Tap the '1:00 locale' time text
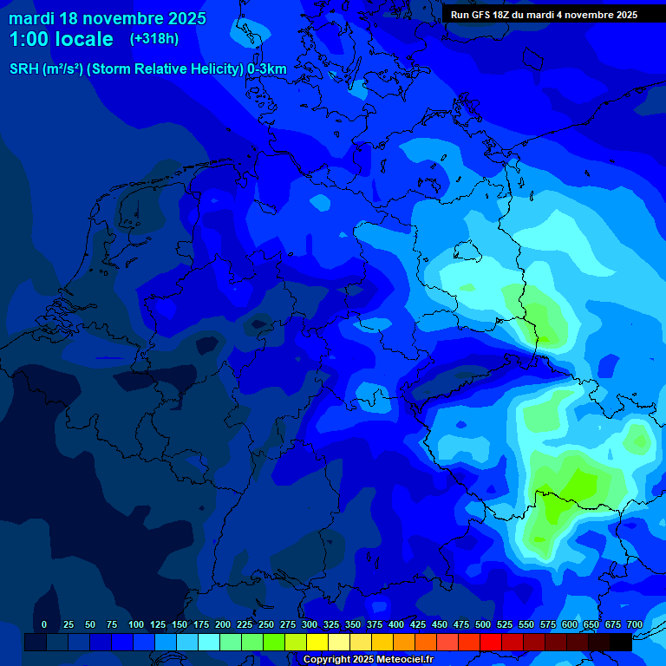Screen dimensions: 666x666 pyautogui.click(x=61, y=39)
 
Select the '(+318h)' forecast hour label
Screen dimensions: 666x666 pyautogui.click(x=154, y=39)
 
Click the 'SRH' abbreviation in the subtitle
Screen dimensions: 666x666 pyautogui.click(x=24, y=69)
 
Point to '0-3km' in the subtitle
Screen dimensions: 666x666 pyautogui.click(x=267, y=69)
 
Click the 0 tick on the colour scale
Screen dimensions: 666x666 pyautogui.click(x=44, y=625)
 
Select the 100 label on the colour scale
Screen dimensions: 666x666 pyautogui.click(x=136, y=625)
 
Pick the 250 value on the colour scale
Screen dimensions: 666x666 pyautogui.click(x=266, y=625)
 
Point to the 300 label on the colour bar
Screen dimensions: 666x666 pyautogui.click(x=310, y=625)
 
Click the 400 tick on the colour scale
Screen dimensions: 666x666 pyautogui.click(x=396, y=625)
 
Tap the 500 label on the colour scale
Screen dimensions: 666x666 pyautogui.click(x=483, y=625)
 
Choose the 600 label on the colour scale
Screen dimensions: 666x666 pyautogui.click(x=570, y=625)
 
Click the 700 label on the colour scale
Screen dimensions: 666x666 pyautogui.click(x=635, y=625)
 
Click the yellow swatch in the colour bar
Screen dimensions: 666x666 pyautogui.click(x=317, y=643)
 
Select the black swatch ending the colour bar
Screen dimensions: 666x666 pyautogui.click(x=621, y=643)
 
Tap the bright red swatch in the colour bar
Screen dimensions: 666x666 pyautogui.click(x=491, y=643)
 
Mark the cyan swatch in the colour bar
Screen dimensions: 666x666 pyautogui.click(x=209, y=643)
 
